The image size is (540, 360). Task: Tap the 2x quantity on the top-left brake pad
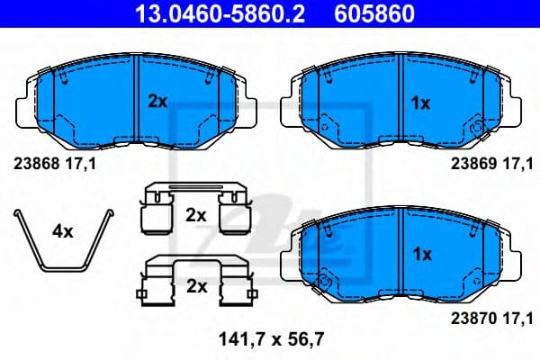pos(157,103)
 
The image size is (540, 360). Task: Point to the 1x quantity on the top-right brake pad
pos(420,103)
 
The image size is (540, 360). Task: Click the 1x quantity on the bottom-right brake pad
pos(420,255)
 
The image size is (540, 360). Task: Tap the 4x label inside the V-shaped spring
pos(62,231)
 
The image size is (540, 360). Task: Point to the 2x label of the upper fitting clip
pos(195,215)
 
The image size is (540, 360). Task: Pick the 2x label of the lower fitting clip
pos(195,287)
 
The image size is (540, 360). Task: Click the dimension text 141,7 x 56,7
pos(271,339)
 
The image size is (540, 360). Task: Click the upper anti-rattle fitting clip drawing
pos(196,209)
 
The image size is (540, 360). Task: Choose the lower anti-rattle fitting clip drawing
pos(195,281)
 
